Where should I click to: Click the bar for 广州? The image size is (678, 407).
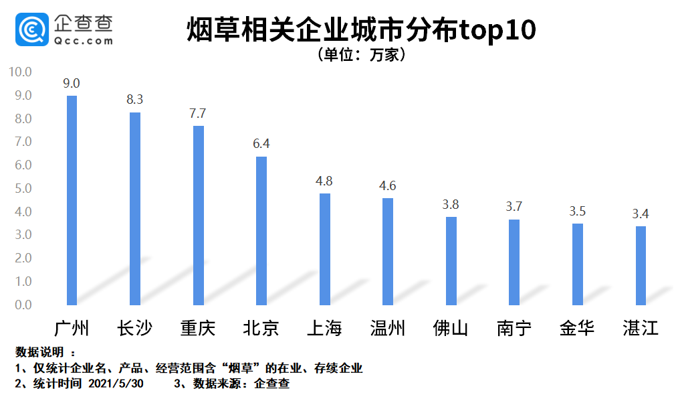(x=72, y=200)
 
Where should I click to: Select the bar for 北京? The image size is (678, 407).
(x=261, y=230)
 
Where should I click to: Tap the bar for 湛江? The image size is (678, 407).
(x=641, y=265)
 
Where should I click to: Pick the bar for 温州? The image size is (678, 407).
(x=388, y=251)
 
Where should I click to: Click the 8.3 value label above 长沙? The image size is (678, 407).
(x=135, y=100)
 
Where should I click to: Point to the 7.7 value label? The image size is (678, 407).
(x=198, y=113)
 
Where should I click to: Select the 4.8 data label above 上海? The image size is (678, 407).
(x=324, y=181)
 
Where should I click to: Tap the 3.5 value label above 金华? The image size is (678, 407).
(x=577, y=211)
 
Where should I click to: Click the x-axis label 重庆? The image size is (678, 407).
(x=198, y=329)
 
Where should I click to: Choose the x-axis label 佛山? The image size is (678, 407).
(x=451, y=329)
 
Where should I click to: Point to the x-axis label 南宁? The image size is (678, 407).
(x=514, y=329)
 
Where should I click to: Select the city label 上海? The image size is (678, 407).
(x=324, y=329)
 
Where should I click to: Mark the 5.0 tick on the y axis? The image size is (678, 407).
(x=22, y=189)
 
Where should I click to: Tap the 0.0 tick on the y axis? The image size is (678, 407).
(x=22, y=305)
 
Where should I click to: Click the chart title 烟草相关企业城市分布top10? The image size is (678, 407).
(x=361, y=30)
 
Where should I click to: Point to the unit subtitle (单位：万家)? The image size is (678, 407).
(x=362, y=55)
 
